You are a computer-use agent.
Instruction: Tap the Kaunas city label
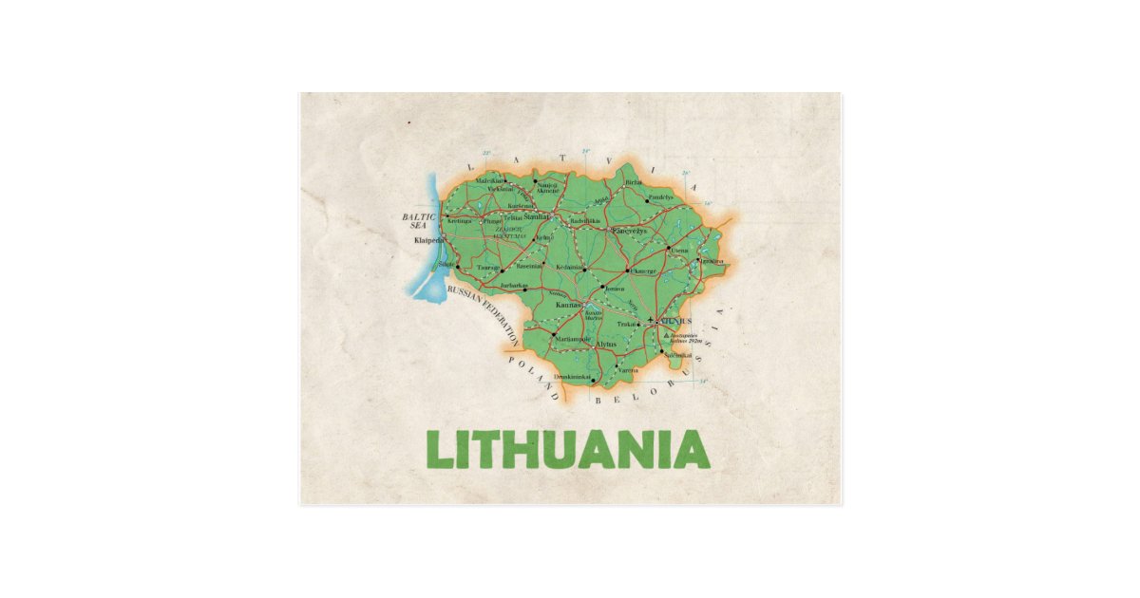pyautogui.click(x=568, y=305)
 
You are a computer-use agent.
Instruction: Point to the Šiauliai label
pyautogui.click(x=537, y=216)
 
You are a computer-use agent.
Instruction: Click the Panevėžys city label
pyautogui.click(x=628, y=231)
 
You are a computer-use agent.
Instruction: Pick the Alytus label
pyautogui.click(x=606, y=344)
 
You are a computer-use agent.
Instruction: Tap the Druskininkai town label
pyautogui.click(x=573, y=377)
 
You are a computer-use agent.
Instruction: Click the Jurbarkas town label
pyautogui.click(x=513, y=285)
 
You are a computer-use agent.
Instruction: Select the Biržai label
pyautogui.click(x=634, y=181)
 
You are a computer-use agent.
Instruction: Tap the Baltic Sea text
pyautogui.click(x=418, y=221)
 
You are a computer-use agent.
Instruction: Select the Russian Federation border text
pyautogui.click(x=483, y=310)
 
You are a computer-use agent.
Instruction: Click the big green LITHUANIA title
pyautogui.click(x=568, y=450)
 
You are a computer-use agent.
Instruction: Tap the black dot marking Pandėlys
pyautogui.click(x=647, y=200)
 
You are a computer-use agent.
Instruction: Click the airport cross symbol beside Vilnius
pyautogui.click(x=651, y=320)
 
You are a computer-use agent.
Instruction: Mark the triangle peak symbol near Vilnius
pyautogui.click(x=665, y=334)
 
